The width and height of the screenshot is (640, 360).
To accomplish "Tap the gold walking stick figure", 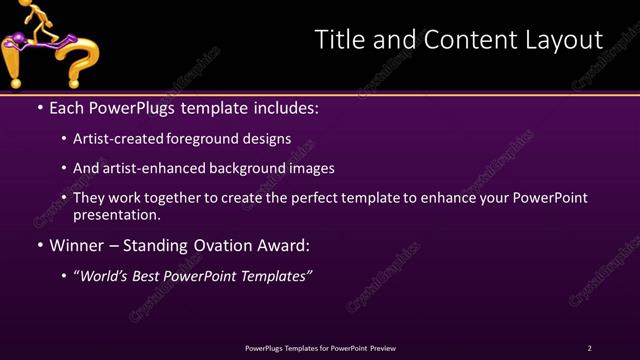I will (x=34, y=19).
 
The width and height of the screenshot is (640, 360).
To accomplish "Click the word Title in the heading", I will (x=341, y=39).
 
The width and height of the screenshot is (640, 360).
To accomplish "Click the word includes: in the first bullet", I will (x=283, y=107).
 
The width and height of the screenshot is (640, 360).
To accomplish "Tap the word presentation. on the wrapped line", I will (x=116, y=214).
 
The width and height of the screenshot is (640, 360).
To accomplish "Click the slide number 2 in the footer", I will (x=589, y=348).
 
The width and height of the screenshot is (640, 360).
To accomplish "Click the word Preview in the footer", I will (x=382, y=348).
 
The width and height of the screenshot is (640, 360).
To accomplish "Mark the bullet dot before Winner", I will (x=39, y=245).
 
